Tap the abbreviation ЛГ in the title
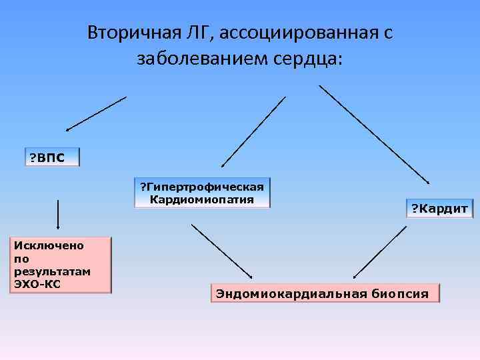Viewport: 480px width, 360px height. [x=199, y=33]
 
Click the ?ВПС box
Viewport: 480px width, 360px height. [x=51, y=157]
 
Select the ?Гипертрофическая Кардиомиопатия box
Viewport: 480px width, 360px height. [x=202, y=193]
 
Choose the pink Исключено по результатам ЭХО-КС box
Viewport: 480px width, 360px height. [x=59, y=265]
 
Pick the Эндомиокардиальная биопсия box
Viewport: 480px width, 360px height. [x=325, y=293]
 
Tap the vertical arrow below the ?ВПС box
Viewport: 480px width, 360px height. [x=58, y=213]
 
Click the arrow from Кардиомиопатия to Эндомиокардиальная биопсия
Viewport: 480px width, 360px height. [x=221, y=251]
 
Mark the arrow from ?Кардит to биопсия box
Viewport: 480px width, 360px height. [x=379, y=252]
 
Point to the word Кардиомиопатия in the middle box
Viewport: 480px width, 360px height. [x=202, y=199]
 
